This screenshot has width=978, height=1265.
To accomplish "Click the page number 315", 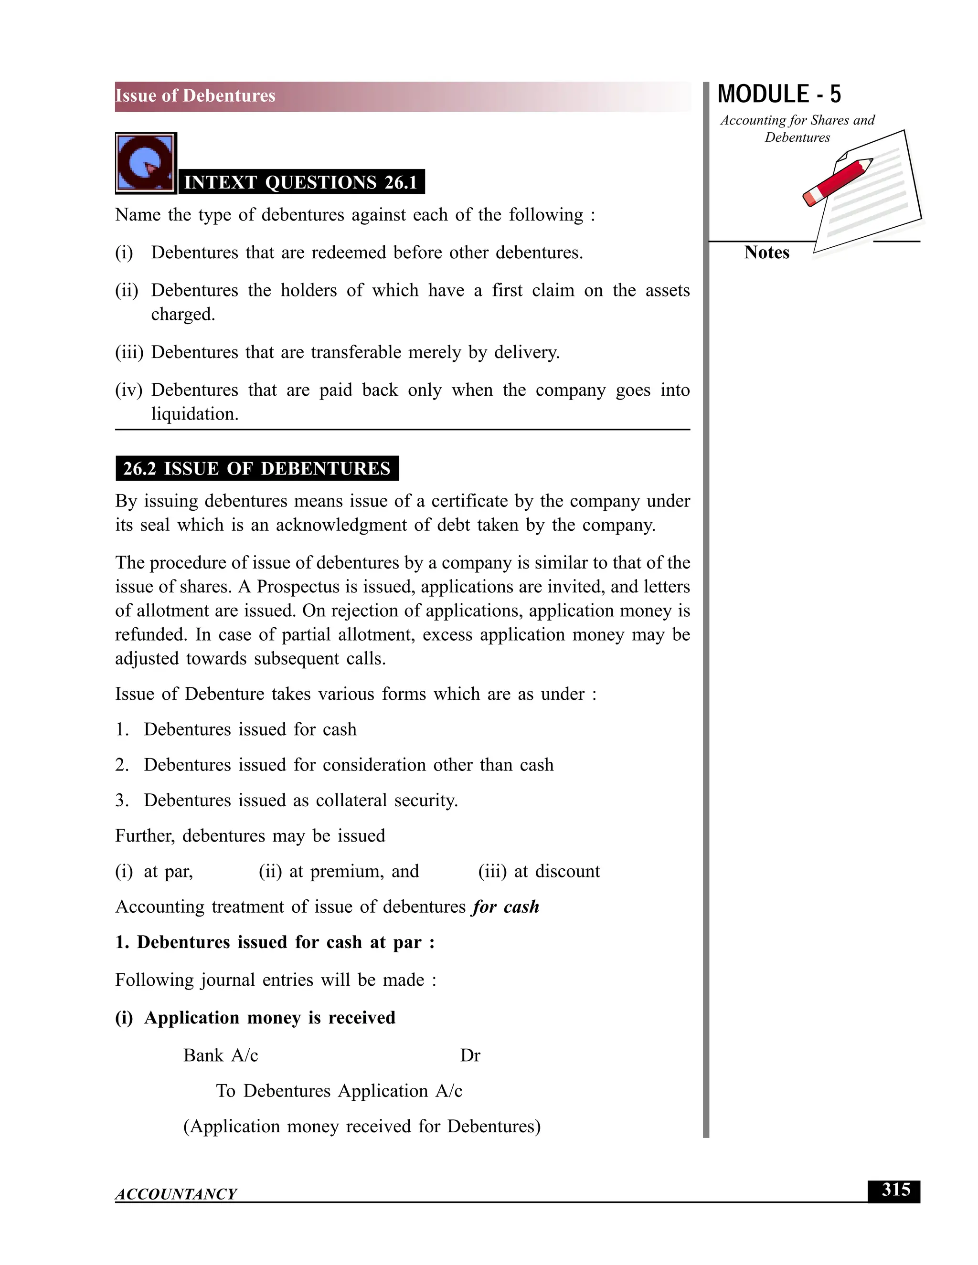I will (x=895, y=1190).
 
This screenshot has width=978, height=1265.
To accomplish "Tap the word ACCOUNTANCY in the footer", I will (x=176, y=1194).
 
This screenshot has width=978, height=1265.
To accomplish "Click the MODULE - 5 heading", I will (x=779, y=95).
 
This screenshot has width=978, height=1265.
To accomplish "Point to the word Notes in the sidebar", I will (x=766, y=253).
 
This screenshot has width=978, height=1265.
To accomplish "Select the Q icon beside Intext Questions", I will (x=146, y=163).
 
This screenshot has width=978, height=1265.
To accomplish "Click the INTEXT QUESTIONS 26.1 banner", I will (x=301, y=182).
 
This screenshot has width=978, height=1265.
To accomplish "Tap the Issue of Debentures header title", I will (x=195, y=95).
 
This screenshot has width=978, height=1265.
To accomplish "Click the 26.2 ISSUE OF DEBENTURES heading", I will (x=256, y=469).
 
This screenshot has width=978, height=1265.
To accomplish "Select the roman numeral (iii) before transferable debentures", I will (x=128, y=352).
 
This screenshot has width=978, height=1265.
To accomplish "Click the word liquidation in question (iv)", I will (x=195, y=414).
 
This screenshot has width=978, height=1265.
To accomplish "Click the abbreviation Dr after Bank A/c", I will (x=470, y=1055).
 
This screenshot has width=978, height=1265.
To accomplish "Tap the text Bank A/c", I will (x=221, y=1055).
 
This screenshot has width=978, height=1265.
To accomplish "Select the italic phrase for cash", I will (x=505, y=907).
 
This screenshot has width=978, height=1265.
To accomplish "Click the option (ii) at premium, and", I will (x=339, y=871).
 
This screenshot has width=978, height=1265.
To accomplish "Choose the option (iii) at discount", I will (x=539, y=871).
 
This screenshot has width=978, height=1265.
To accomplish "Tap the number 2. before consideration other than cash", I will (x=121, y=765).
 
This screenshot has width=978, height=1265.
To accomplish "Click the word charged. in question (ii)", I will (x=183, y=315).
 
